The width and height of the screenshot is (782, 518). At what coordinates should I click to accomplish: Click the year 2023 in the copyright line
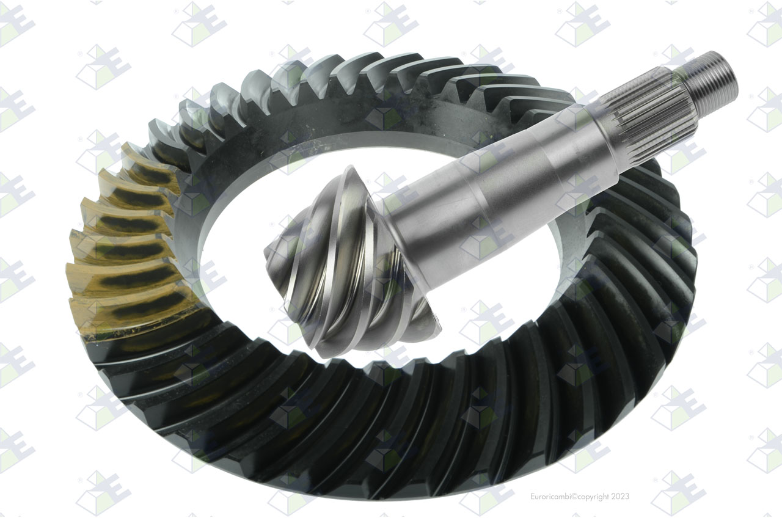coord(620,497)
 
